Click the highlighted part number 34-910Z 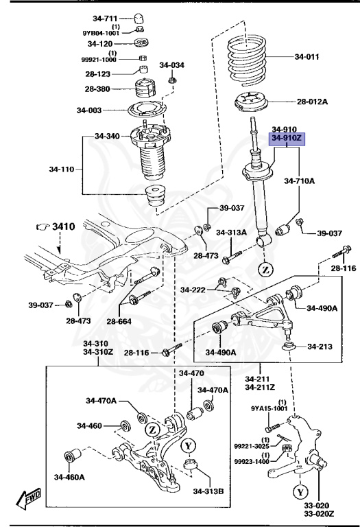(x=287, y=138)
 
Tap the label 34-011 (x=307, y=56)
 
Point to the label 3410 (x=64, y=226)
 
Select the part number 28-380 (x=97, y=89)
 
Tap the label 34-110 (x=62, y=169)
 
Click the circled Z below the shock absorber (x=265, y=269)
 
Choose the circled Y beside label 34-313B (x=188, y=446)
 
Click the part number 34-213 (x=320, y=346)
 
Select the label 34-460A (x=69, y=477)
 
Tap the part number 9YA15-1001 (x=269, y=408)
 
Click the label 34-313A (x=231, y=232)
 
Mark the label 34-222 (x=193, y=290)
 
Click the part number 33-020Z (x=319, y=514)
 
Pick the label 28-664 (x=119, y=321)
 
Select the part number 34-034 (x=171, y=65)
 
